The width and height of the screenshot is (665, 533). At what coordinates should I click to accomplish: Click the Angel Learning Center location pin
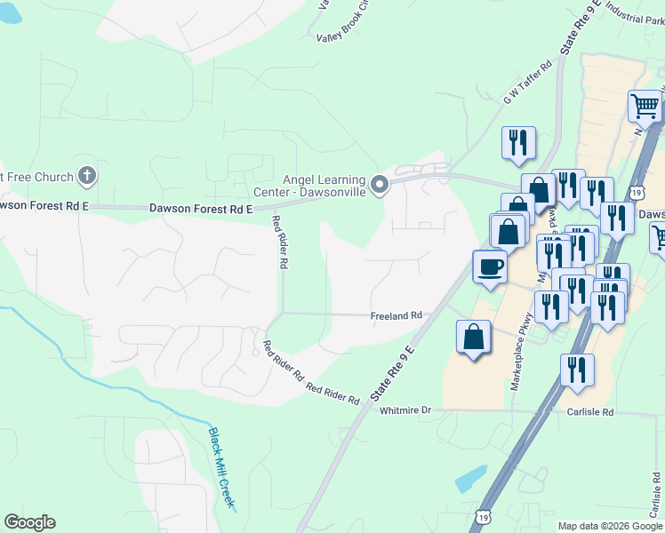click(x=381, y=186)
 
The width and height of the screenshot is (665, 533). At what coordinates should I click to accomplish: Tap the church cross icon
click(x=87, y=175)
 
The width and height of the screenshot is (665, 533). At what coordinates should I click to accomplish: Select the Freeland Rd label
click(x=396, y=315)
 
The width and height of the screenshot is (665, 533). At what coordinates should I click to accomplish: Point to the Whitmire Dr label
click(x=405, y=410)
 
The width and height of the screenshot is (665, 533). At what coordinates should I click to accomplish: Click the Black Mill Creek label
click(x=222, y=469)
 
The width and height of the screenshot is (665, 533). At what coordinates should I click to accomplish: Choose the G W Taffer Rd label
click(x=528, y=82)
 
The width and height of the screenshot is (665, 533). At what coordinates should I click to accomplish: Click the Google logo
click(x=29, y=522)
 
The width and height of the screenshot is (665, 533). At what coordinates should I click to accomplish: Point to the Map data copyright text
click(x=610, y=526)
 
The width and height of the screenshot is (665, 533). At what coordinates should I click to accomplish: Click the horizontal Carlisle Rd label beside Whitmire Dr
click(x=590, y=412)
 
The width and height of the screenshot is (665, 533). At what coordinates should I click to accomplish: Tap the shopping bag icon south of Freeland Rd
click(x=474, y=338)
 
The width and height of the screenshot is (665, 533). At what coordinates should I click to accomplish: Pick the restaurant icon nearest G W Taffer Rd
click(x=517, y=142)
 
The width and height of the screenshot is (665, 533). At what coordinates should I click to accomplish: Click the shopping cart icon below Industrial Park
click(x=645, y=106)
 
